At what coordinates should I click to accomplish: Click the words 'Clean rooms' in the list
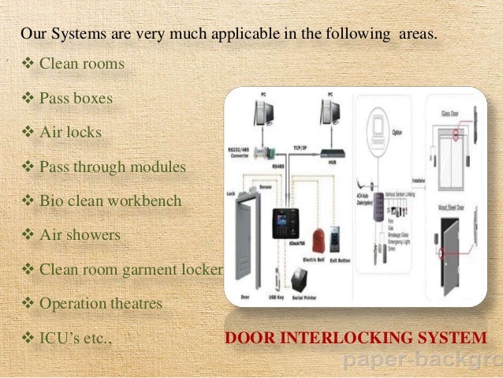tap(81, 63)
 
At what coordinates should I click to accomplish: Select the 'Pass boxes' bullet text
tap(76, 99)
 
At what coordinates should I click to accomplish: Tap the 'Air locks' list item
tap(70, 132)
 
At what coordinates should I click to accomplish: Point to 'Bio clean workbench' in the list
tap(110, 200)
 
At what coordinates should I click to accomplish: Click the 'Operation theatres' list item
tap(100, 303)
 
